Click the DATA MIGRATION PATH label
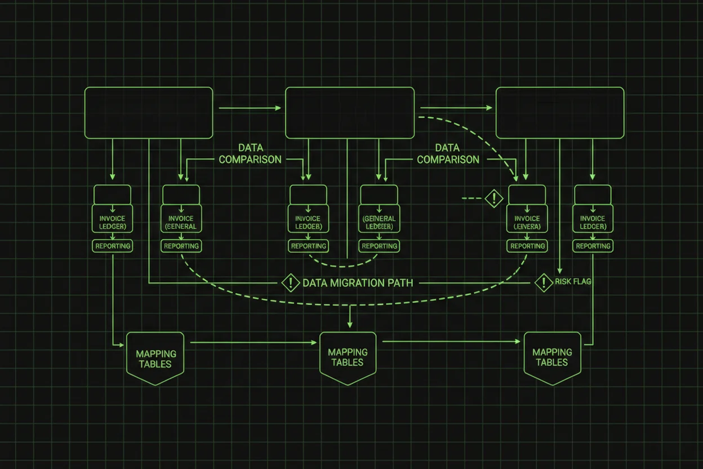coord(358,282)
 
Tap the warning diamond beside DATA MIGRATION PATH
coord(290,282)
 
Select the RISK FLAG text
coord(573,281)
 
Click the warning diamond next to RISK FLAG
coord(544,282)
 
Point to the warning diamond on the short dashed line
coord(494,198)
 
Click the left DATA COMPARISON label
coord(250,154)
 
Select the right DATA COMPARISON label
coord(448,154)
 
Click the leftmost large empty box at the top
coord(149,113)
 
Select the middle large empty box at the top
coord(350,113)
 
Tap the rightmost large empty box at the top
coord(560,113)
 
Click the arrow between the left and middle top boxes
coord(249,107)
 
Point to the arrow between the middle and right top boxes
coord(455,107)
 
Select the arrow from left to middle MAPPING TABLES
coord(253,342)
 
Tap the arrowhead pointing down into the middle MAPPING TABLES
coord(350,325)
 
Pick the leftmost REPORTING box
coord(113,246)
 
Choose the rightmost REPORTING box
coord(593,246)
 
